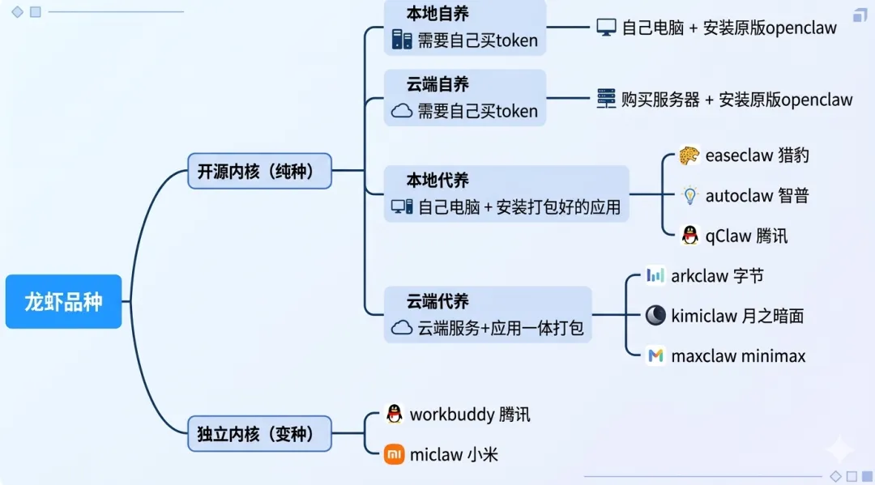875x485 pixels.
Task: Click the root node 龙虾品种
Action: pyautogui.click(x=63, y=302)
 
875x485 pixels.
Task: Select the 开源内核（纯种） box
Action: pyautogui.click(x=259, y=171)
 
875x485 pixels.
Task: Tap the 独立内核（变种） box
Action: pyautogui.click(x=259, y=433)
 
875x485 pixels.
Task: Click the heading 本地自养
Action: pyautogui.click(x=437, y=14)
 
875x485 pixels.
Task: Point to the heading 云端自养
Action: pyautogui.click(x=437, y=84)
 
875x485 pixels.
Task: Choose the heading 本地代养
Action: pyautogui.click(x=437, y=180)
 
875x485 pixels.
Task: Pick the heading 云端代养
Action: pyautogui.click(x=437, y=301)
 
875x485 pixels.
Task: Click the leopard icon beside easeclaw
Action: pyautogui.click(x=689, y=155)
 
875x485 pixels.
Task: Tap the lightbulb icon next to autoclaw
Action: pyautogui.click(x=689, y=195)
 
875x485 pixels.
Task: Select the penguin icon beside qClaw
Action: pyautogui.click(x=689, y=236)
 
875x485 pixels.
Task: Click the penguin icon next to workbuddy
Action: pyautogui.click(x=394, y=415)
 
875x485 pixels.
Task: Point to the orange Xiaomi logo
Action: pyautogui.click(x=394, y=454)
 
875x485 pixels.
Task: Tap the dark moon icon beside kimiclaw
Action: pyautogui.click(x=655, y=316)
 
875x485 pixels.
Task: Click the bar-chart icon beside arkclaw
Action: pyautogui.click(x=655, y=275)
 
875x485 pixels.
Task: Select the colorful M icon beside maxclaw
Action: pyautogui.click(x=655, y=355)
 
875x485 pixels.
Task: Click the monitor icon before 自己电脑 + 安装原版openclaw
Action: pyautogui.click(x=606, y=28)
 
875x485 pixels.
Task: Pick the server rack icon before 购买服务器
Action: pyautogui.click(x=606, y=99)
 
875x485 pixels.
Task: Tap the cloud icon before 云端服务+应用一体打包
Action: pyautogui.click(x=402, y=328)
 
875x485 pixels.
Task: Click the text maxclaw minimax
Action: pyautogui.click(x=738, y=355)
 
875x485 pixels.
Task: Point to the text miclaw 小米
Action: pyautogui.click(x=454, y=454)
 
